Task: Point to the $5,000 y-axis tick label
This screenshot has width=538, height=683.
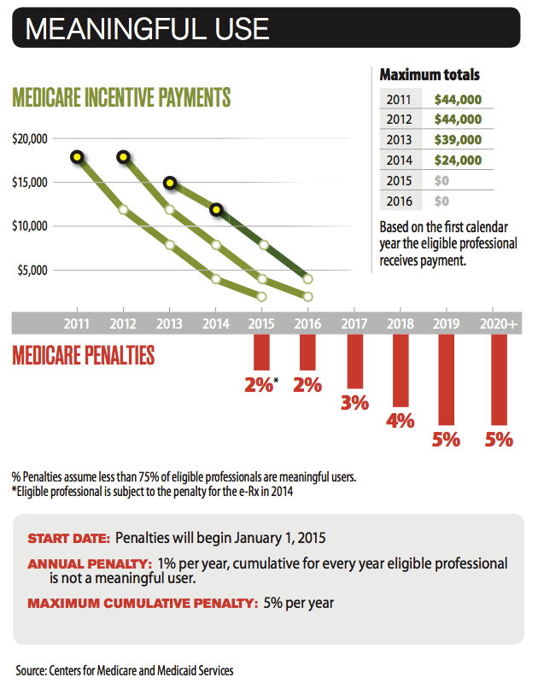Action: pyautogui.click(x=32, y=270)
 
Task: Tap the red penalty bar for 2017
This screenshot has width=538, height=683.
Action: pyautogui.click(x=354, y=361)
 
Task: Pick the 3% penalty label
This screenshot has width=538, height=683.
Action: pyautogui.click(x=354, y=402)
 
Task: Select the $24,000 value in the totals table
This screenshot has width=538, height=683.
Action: pyautogui.click(x=458, y=161)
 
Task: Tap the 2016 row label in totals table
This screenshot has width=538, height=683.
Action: pyautogui.click(x=399, y=201)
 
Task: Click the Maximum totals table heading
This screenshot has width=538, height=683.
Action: pyautogui.click(x=430, y=75)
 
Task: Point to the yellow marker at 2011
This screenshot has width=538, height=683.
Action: pyautogui.click(x=78, y=157)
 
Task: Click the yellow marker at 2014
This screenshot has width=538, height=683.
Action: pyautogui.click(x=216, y=209)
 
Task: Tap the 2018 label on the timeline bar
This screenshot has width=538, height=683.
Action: pyautogui.click(x=400, y=324)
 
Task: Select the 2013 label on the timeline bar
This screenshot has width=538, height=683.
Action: pyautogui.click(x=169, y=324)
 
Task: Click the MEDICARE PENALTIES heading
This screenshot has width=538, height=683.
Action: pyautogui.click(x=84, y=355)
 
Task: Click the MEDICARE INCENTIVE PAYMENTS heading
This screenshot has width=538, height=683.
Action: pyautogui.click(x=121, y=97)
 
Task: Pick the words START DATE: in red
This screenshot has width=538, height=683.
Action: pyautogui.click(x=68, y=539)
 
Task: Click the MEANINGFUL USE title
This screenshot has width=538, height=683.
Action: pyautogui.click(x=147, y=28)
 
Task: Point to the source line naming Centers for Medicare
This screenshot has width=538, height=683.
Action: pyautogui.click(x=125, y=670)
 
